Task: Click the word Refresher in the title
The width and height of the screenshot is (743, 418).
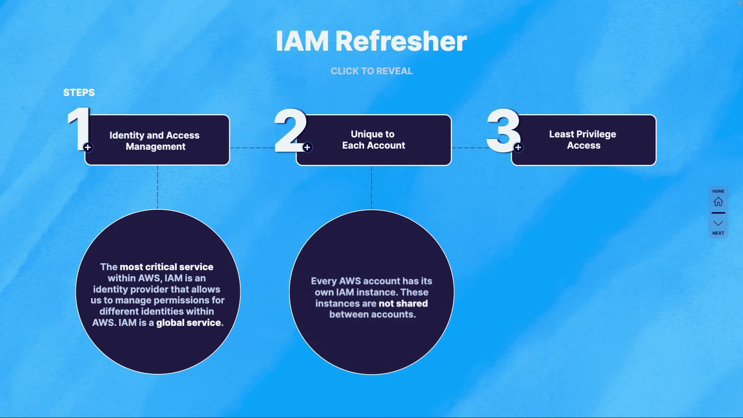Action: coord(401,41)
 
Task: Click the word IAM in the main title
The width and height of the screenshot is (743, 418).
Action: coord(302,41)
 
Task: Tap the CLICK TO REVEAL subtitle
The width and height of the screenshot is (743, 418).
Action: coord(371,71)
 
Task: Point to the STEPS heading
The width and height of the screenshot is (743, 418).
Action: coord(79,93)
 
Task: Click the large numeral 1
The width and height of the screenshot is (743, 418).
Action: coord(79,129)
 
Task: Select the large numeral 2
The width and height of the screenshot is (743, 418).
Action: coord(290,130)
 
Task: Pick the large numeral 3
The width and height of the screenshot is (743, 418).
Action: coord(503,130)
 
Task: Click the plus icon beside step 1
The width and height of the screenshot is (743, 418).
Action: coord(88,147)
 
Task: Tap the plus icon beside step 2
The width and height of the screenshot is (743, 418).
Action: coord(307,147)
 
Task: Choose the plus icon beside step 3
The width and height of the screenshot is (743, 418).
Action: coord(518,147)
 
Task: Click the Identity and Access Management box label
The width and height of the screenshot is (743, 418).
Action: coord(155,140)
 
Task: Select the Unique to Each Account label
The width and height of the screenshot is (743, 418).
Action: coord(373,140)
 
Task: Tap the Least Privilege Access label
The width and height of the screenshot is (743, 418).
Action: coord(583,140)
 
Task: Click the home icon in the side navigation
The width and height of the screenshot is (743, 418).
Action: coord(718,202)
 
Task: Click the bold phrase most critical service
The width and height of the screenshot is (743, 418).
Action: coord(166,267)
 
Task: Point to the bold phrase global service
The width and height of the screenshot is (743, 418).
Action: coord(190,323)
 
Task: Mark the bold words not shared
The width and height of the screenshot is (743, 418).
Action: coord(404,303)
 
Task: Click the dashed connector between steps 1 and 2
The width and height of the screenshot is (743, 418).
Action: coord(252,148)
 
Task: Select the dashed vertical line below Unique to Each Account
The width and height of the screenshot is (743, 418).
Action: coord(371,188)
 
